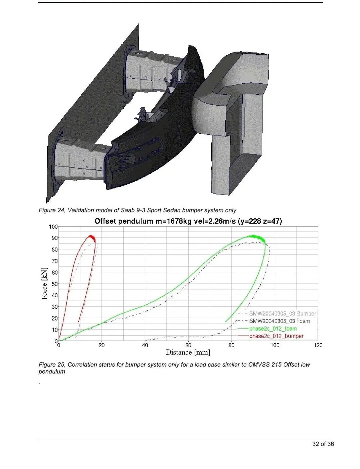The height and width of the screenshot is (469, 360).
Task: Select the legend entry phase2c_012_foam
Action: click(273, 329)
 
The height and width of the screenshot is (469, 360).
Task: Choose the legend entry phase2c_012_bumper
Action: click(276, 336)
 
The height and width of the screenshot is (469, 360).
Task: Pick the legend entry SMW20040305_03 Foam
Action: click(279, 321)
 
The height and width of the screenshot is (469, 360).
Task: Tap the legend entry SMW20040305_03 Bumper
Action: click(282, 313)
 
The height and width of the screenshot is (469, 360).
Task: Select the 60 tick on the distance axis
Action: click(188, 345)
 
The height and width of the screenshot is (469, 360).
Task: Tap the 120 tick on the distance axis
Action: click(318, 345)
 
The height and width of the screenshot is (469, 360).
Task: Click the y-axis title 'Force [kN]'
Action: click(44, 284)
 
